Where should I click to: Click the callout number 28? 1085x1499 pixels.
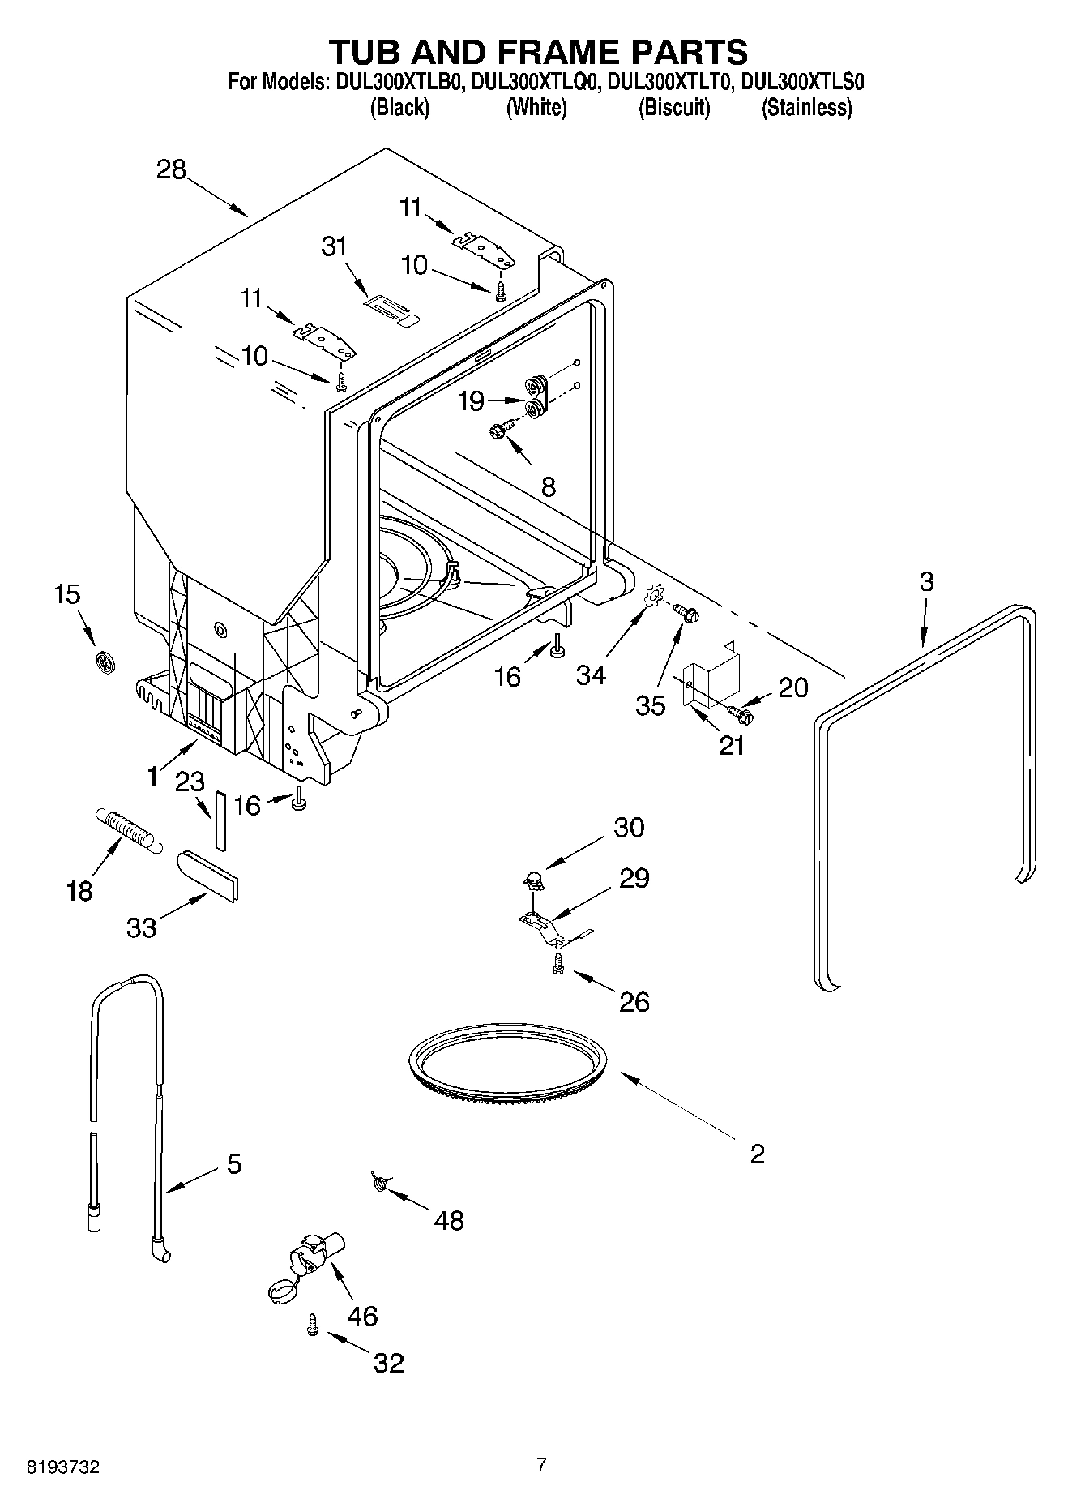171,169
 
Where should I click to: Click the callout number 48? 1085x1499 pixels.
449,1220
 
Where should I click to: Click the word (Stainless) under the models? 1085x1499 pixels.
806,108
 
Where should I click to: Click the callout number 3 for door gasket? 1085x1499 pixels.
926,581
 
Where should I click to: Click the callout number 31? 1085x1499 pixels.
334,246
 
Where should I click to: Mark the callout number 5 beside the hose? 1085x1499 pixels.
233,1165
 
